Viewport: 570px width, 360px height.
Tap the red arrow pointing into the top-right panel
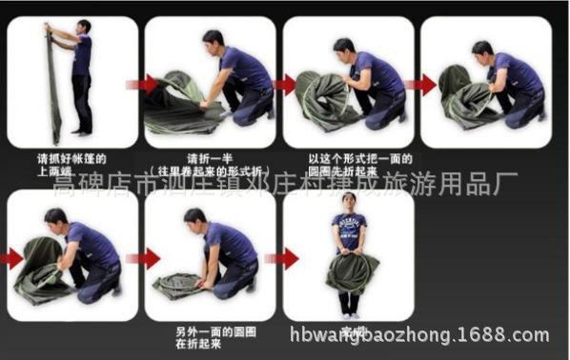click(x=417, y=85)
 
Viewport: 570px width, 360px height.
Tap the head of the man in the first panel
click(x=84, y=26)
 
